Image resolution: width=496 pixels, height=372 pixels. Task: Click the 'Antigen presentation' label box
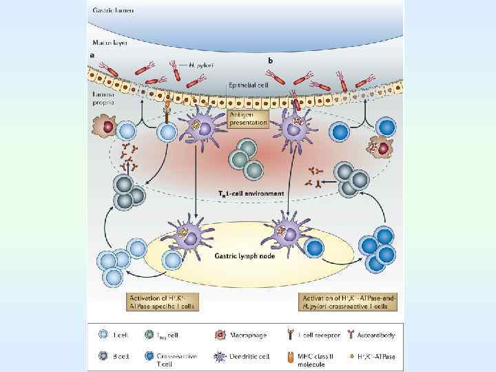(249, 119)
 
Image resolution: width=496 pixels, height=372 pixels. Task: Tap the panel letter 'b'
(270, 61)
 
